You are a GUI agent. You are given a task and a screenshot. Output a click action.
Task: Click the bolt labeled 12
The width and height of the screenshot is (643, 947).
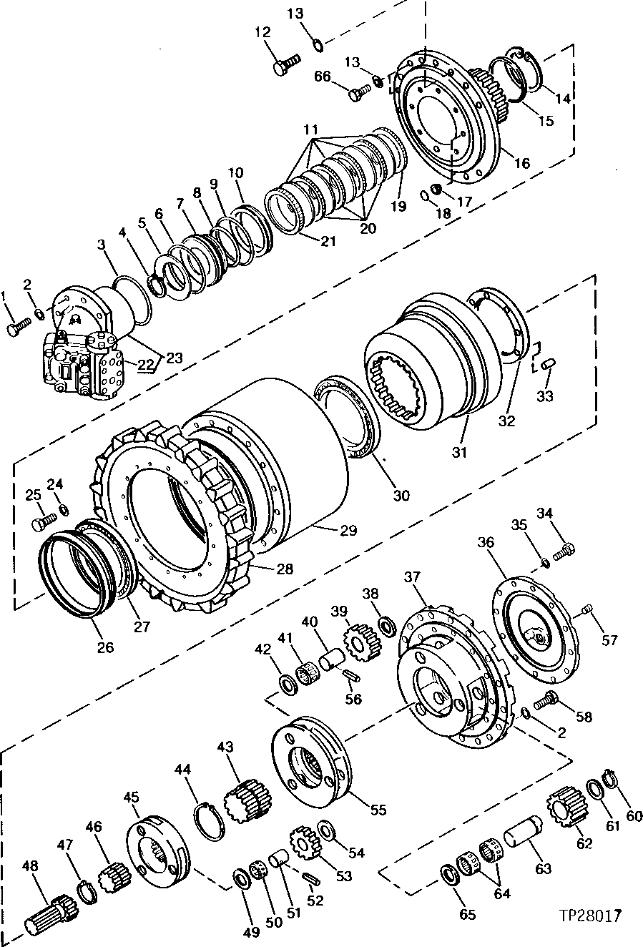[x=284, y=65]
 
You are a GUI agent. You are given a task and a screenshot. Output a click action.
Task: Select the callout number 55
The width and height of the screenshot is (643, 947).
[x=378, y=810]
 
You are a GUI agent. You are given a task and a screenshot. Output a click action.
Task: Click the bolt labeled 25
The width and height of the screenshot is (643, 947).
[x=41, y=523]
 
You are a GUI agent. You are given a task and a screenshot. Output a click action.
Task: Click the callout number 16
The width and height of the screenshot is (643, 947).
[x=521, y=163]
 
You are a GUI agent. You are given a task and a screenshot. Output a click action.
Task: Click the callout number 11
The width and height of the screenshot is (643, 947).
[x=310, y=130]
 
